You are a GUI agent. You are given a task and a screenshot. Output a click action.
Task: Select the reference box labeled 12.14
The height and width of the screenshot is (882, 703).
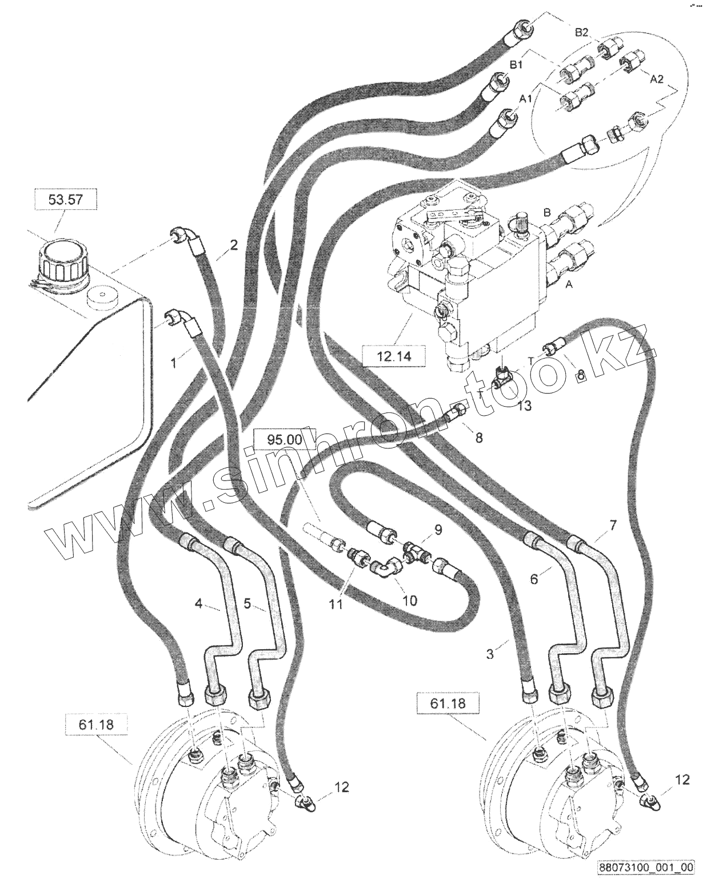(393, 357)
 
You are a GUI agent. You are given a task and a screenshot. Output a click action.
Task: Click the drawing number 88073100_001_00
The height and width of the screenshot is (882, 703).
(646, 867)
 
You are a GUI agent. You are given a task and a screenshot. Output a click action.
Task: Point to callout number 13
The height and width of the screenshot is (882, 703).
(525, 406)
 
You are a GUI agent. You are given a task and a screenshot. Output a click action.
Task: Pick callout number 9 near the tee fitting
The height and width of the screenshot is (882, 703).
(438, 530)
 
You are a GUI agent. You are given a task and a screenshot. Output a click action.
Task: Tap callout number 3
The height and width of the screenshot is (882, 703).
(490, 654)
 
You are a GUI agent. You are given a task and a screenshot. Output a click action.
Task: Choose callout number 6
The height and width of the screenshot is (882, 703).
(533, 579)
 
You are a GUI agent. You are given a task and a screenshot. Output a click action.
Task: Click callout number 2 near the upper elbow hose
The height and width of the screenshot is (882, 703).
(233, 246)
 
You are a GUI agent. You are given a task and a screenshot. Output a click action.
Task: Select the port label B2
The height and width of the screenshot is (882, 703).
(581, 33)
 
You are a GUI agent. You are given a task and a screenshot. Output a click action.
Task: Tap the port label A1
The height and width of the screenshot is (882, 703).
(526, 99)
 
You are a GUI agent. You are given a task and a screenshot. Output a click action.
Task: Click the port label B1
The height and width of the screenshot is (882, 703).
(516, 66)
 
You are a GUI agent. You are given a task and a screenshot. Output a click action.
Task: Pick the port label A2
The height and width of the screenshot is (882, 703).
(657, 80)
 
